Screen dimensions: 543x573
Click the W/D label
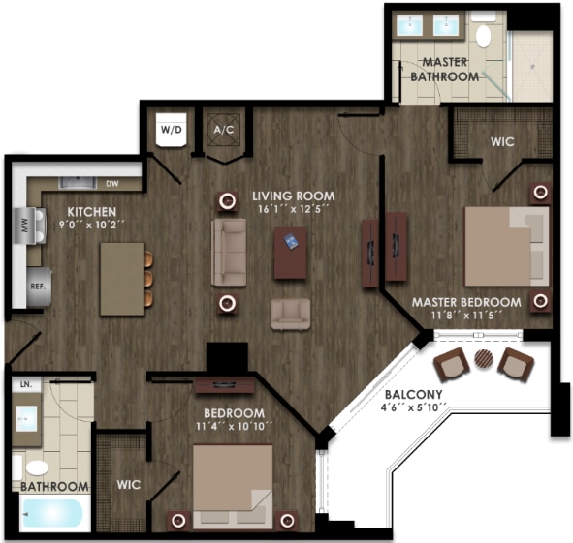171,128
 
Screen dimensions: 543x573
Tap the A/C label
223,129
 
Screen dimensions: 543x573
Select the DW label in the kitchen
112,182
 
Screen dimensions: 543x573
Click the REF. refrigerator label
39,287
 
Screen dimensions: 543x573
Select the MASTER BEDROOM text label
465,302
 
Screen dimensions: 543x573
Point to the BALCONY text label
413,395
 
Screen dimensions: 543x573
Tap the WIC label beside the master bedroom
501,141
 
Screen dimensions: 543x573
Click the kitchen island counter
122,278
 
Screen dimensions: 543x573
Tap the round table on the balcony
483,361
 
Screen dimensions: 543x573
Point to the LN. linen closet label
25,383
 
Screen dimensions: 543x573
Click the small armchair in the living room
291,313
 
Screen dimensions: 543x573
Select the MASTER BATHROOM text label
444,70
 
